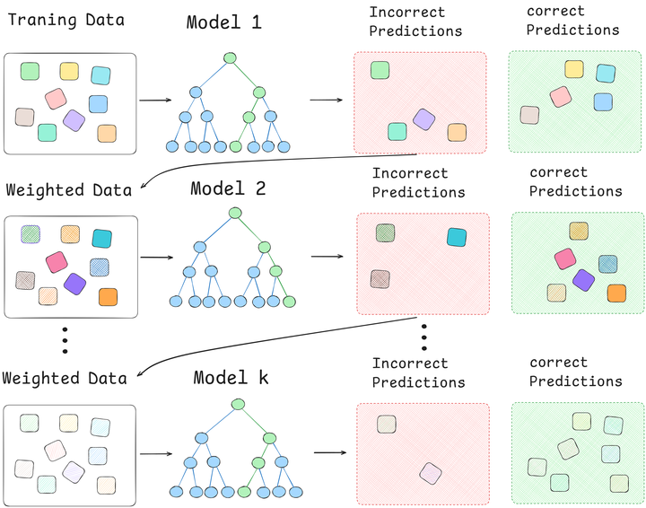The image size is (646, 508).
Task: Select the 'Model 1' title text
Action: [223, 22]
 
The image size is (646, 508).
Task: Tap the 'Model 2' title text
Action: [228, 189]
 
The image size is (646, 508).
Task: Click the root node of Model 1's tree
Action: [230, 58]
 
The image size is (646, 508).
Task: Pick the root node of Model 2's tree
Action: [235, 213]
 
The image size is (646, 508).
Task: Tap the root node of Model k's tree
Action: [237, 405]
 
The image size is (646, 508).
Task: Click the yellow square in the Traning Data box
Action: [69, 71]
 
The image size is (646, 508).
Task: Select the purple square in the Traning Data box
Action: [74, 120]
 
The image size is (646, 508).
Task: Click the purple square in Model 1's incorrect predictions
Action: [423, 118]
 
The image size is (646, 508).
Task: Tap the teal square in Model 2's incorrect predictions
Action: [456, 238]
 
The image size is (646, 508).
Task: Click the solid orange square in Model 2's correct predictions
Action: [615, 293]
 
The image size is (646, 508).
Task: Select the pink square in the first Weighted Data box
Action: [57, 261]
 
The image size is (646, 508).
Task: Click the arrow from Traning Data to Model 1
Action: [157, 101]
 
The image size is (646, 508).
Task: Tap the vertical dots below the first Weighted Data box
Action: [64, 340]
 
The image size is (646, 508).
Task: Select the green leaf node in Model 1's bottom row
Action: [235, 146]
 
